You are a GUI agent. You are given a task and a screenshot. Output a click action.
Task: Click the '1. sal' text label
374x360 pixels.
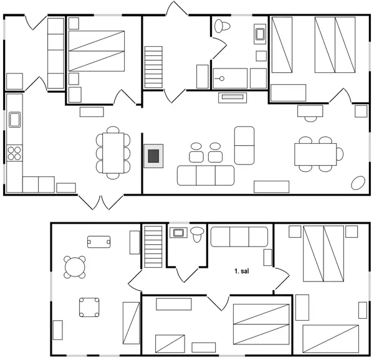(x=241, y=272)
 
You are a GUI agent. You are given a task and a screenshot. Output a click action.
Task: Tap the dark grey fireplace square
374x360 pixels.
(x=153, y=156)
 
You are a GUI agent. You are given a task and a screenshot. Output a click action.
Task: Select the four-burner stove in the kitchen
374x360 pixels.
(x=14, y=152)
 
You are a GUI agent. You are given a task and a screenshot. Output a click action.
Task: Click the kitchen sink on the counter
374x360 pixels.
(x=14, y=118)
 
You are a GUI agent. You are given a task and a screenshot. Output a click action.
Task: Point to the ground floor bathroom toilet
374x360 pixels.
(x=221, y=26)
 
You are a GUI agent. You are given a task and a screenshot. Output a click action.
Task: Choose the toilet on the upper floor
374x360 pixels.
(x=198, y=234)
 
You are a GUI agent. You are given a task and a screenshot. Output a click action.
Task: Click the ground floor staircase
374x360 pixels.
(x=153, y=67)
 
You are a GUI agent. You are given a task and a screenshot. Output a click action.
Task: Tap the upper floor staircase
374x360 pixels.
(x=153, y=247)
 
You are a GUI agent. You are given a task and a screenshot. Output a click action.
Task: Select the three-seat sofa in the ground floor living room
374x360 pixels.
(x=206, y=175)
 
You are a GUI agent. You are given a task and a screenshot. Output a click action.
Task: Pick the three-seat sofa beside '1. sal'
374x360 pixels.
(x=239, y=237)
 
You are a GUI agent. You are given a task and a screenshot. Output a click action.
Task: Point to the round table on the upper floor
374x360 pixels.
(x=75, y=267)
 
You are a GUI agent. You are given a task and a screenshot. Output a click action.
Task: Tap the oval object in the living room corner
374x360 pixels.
(x=358, y=182)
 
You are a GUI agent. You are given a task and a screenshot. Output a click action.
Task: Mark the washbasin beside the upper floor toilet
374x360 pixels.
(x=178, y=233)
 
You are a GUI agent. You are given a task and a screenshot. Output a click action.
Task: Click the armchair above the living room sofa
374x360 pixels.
(x=244, y=144)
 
